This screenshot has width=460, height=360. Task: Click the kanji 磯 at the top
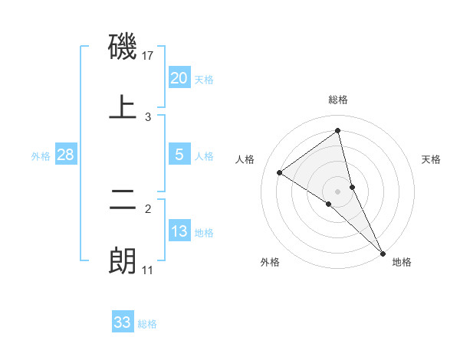coord(123,48)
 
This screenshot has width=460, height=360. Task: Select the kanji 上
coord(123,106)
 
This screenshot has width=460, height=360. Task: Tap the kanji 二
coord(123,203)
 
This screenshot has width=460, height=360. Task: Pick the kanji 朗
coord(123,260)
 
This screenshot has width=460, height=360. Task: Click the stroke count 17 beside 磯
coord(149,56)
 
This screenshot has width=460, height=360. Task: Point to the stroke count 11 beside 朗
coord(148,270)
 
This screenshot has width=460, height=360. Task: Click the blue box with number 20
coord(179,78)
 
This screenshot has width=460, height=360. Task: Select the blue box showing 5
coord(179,155)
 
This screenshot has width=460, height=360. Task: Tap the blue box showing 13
coord(179,231)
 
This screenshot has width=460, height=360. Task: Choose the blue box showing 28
coord(66,155)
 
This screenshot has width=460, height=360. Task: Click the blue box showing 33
coord(122,322)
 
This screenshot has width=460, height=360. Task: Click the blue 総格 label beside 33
coord(147,324)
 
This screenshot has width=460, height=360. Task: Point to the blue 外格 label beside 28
coord(41,156)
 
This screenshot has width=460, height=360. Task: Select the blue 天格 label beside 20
coord(204,80)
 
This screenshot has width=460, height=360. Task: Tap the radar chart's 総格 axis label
coord(337,100)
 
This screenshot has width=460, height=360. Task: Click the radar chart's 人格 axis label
coord(245,159)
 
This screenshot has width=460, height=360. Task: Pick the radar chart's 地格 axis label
coord(402,263)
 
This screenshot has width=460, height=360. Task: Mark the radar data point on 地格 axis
coord(383,253)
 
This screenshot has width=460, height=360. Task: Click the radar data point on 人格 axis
coord(280,172)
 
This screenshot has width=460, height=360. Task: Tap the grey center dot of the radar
coord(337,191)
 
